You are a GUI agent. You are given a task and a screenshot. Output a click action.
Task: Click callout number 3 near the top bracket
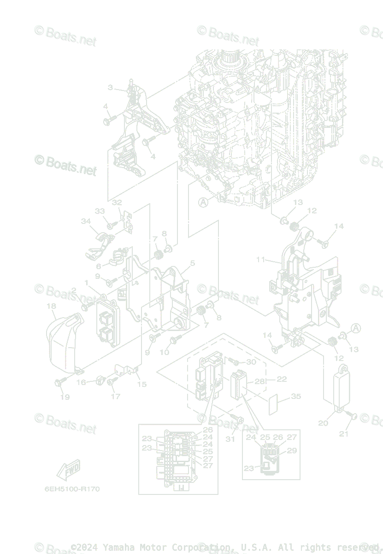pos(110,87)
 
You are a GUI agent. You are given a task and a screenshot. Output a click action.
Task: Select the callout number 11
pos(261,260)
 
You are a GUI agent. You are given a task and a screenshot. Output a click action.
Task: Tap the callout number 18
pos(51,306)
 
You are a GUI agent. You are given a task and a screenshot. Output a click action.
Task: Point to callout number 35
pos(296,397)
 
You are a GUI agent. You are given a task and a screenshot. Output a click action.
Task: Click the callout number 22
pos(282,379)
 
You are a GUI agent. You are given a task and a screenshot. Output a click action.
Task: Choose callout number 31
pos(230,439)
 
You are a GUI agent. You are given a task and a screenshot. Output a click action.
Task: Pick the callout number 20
pos(323,423)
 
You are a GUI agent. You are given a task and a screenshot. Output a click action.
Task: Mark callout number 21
pos(344,434)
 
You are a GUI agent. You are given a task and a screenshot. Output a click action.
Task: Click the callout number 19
pos(65,397)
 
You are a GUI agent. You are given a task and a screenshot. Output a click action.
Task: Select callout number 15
pos(142,384)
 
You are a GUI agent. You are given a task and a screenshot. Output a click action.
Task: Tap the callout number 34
pos(86,221)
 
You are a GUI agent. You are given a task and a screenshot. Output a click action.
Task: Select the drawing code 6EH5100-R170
pos(72,489)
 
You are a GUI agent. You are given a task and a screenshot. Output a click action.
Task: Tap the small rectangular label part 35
pos(275,404)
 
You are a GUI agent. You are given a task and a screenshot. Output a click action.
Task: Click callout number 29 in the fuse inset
pos(292,451)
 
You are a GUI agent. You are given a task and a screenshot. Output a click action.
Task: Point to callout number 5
pos(192,263)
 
